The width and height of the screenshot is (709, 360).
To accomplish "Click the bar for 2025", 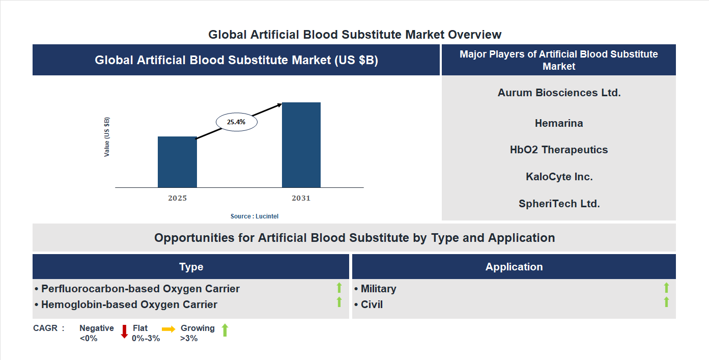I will tap(177, 162).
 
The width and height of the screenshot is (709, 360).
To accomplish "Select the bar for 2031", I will tap(301, 145).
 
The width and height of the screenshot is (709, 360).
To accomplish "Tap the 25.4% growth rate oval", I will tap(237, 122).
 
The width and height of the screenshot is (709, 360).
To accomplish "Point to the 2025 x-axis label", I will tap(177, 198).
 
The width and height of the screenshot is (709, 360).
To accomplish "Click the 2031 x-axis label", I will tap(301, 198).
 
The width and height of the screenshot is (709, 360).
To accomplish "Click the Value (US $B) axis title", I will tap(107, 137).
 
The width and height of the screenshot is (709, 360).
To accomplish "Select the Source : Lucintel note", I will tap(254, 216).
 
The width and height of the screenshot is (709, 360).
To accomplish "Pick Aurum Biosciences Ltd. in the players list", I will tap(559, 93).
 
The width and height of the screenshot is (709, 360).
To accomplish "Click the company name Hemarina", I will tap(559, 123).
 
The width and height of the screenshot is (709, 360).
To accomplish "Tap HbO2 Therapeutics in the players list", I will tap(559, 150).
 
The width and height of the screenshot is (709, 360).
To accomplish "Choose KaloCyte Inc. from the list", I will tap(559, 177).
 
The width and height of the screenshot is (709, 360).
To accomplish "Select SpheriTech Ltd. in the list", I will tap(559, 204).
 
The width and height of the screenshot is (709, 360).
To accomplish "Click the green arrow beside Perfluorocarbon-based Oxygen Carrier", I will tap(339, 288).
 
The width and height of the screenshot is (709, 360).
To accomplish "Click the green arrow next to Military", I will tap(666, 288).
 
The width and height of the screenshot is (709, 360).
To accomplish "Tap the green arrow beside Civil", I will tap(666, 302).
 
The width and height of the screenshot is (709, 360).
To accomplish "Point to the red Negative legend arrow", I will tap(124, 331).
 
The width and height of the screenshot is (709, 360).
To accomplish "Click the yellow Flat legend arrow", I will tap(168, 329).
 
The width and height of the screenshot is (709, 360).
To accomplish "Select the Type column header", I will tap(191, 267).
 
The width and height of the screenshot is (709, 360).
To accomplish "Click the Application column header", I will tap(514, 267).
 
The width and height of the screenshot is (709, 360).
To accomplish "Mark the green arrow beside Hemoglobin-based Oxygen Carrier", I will tap(339, 302).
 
